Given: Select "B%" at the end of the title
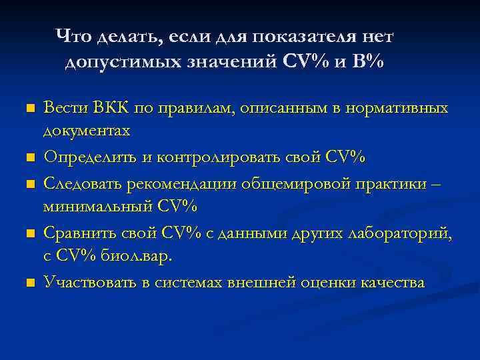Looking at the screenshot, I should pyautogui.click(x=368, y=62).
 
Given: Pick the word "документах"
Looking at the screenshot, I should pyautogui.click(x=86, y=131).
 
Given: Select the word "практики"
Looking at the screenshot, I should pyautogui.click(x=394, y=183).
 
